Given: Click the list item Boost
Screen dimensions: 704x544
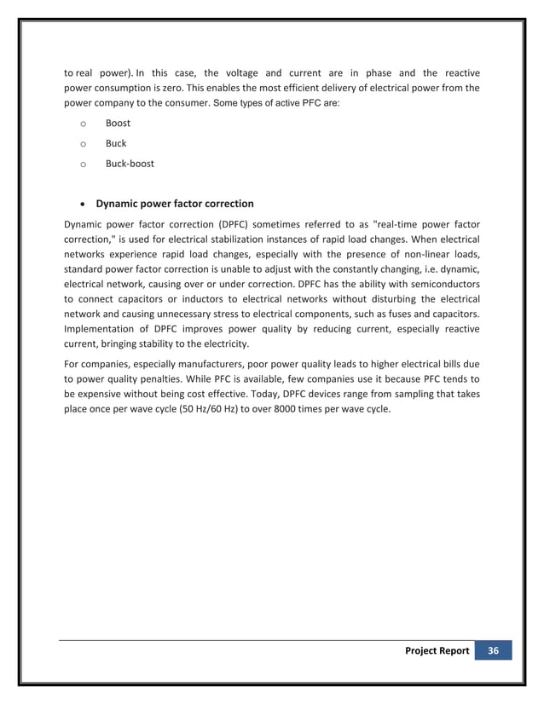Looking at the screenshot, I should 118,123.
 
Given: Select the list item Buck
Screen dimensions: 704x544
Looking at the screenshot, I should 116,143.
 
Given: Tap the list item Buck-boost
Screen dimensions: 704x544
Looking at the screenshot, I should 130,163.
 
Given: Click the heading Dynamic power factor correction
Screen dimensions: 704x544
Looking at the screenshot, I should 174,204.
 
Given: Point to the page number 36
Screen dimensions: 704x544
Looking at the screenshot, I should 494,650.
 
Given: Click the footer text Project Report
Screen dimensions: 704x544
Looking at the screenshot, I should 437,650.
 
